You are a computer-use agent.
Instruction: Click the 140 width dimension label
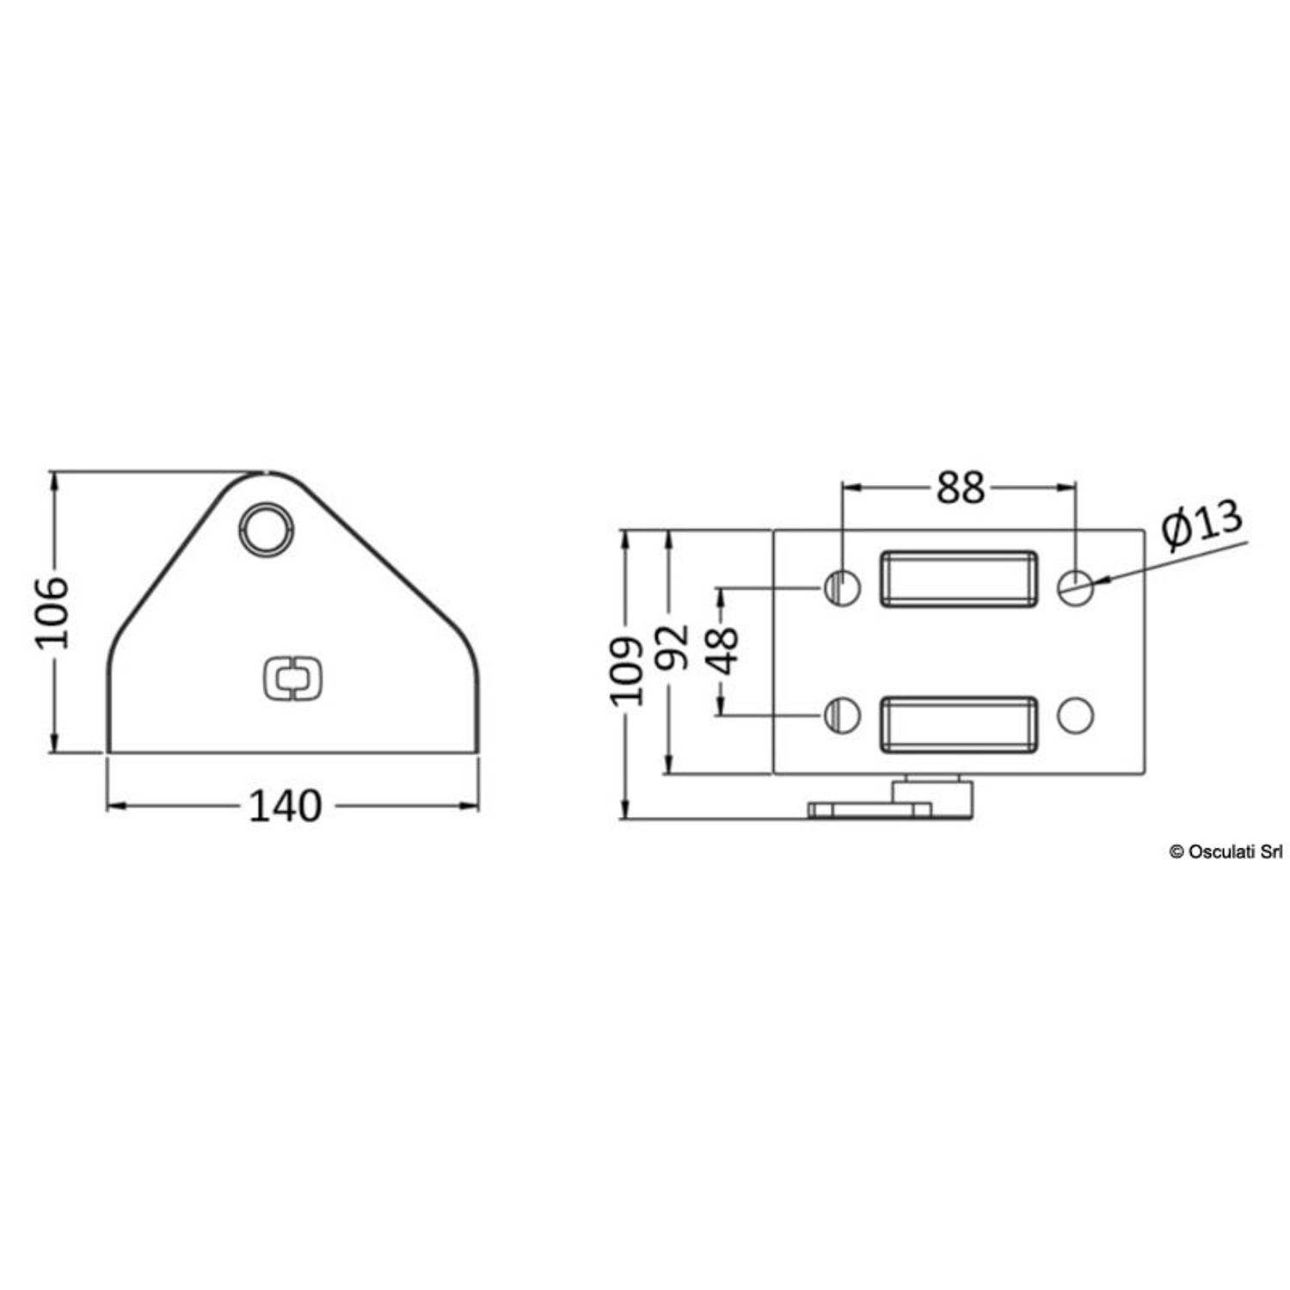pyautogui.click(x=285, y=806)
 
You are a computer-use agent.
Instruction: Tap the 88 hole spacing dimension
pyautogui.click(x=960, y=488)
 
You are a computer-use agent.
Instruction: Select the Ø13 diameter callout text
pyautogui.click(x=1202, y=524)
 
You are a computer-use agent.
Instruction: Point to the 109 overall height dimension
pyautogui.click(x=629, y=671)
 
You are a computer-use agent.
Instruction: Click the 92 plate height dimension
pyautogui.click(x=673, y=647)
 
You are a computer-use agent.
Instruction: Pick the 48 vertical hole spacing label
pyautogui.click(x=723, y=651)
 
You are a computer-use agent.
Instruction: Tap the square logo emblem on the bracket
pyautogui.click(x=292, y=679)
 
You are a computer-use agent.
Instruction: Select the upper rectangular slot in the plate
pyautogui.click(x=958, y=579)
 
